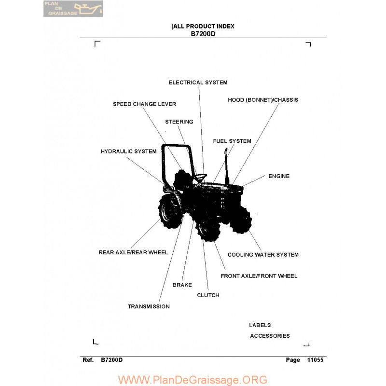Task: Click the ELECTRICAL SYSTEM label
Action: coord(198,83)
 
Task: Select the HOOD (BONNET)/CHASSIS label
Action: coord(263,100)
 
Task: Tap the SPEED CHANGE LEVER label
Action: coord(144,104)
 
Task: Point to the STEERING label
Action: coord(179,122)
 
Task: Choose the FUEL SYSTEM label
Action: coord(232,141)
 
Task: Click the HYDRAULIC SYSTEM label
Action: coord(128,151)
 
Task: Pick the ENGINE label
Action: coord(279,176)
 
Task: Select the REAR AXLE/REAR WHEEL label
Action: coord(133,252)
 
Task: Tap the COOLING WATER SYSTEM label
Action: coord(263,255)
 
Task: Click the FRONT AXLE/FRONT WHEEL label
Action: coord(259,276)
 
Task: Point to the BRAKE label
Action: coord(182,285)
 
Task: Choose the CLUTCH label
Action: coord(208,295)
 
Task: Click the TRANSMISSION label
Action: coord(149,306)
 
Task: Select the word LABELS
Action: coord(260,325)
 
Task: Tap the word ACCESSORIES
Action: coord(270,336)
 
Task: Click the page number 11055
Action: coord(315,360)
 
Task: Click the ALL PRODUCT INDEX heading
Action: coord(204,27)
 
